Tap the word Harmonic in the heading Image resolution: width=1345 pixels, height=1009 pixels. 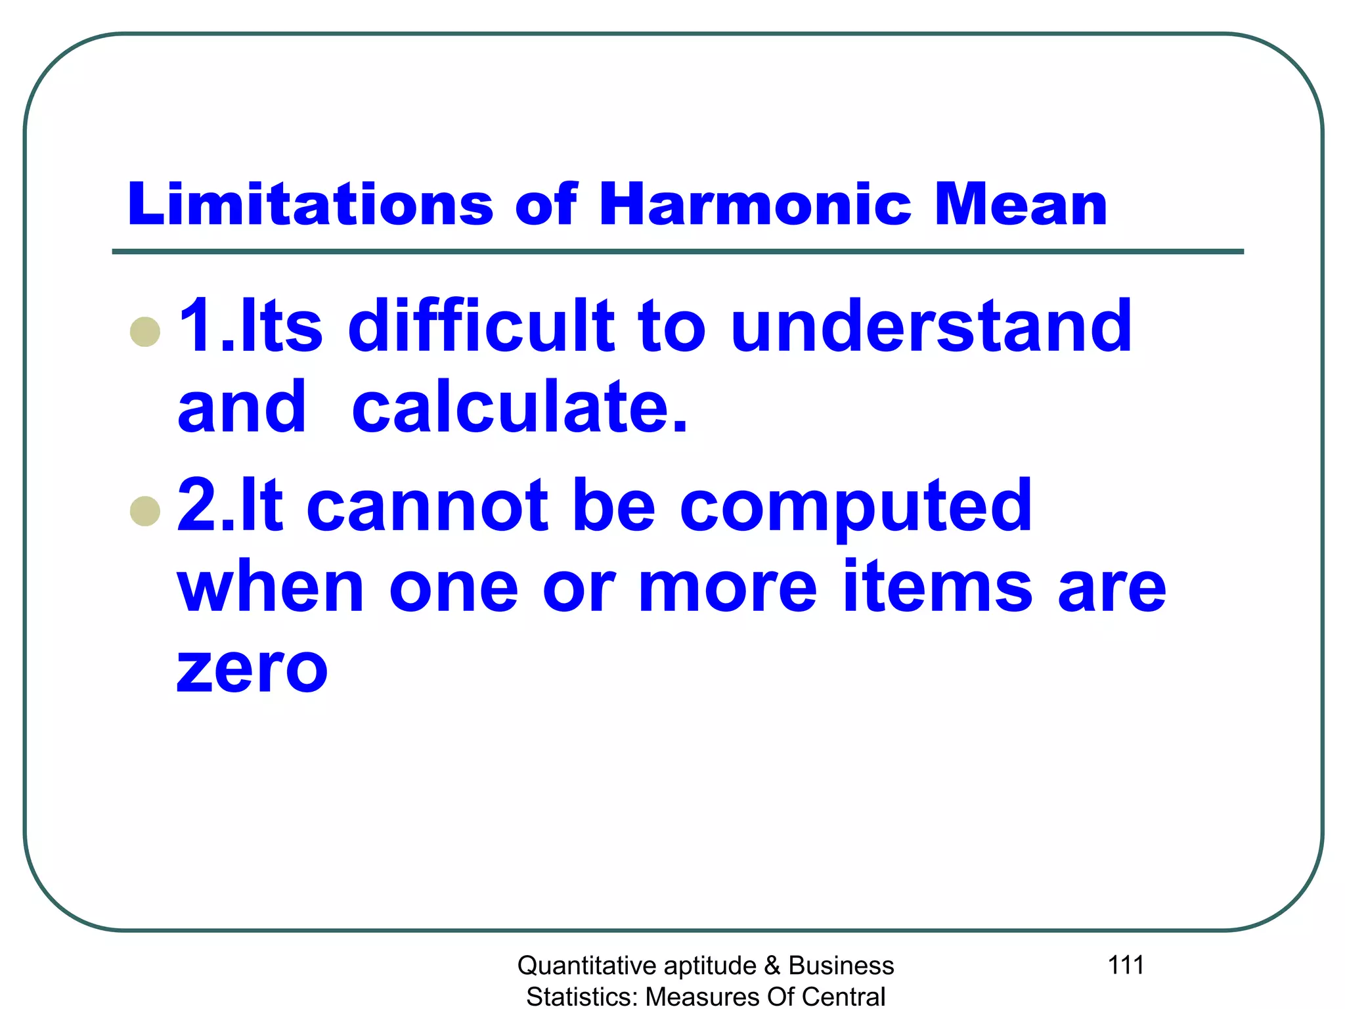click(x=755, y=204)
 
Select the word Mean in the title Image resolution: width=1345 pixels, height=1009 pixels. click(x=1021, y=204)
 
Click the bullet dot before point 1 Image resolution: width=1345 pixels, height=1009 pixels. click(x=145, y=331)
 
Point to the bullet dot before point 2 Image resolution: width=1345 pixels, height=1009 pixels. click(x=145, y=510)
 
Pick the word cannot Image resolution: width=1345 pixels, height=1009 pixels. click(x=427, y=505)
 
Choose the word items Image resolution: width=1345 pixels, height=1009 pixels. click(x=938, y=587)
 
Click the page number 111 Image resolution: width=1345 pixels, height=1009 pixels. click(x=1126, y=965)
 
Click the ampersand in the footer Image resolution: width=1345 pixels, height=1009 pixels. click(x=772, y=966)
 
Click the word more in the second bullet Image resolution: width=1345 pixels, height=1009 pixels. click(x=728, y=587)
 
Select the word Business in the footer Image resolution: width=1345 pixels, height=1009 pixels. click(x=841, y=966)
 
